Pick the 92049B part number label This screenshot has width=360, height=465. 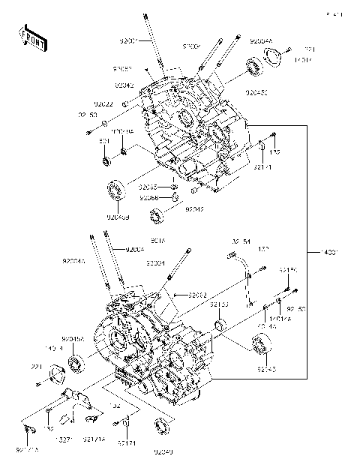tap(118, 217)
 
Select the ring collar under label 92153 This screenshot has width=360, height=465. tap(220, 325)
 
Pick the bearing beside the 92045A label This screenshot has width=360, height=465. tap(76, 365)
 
